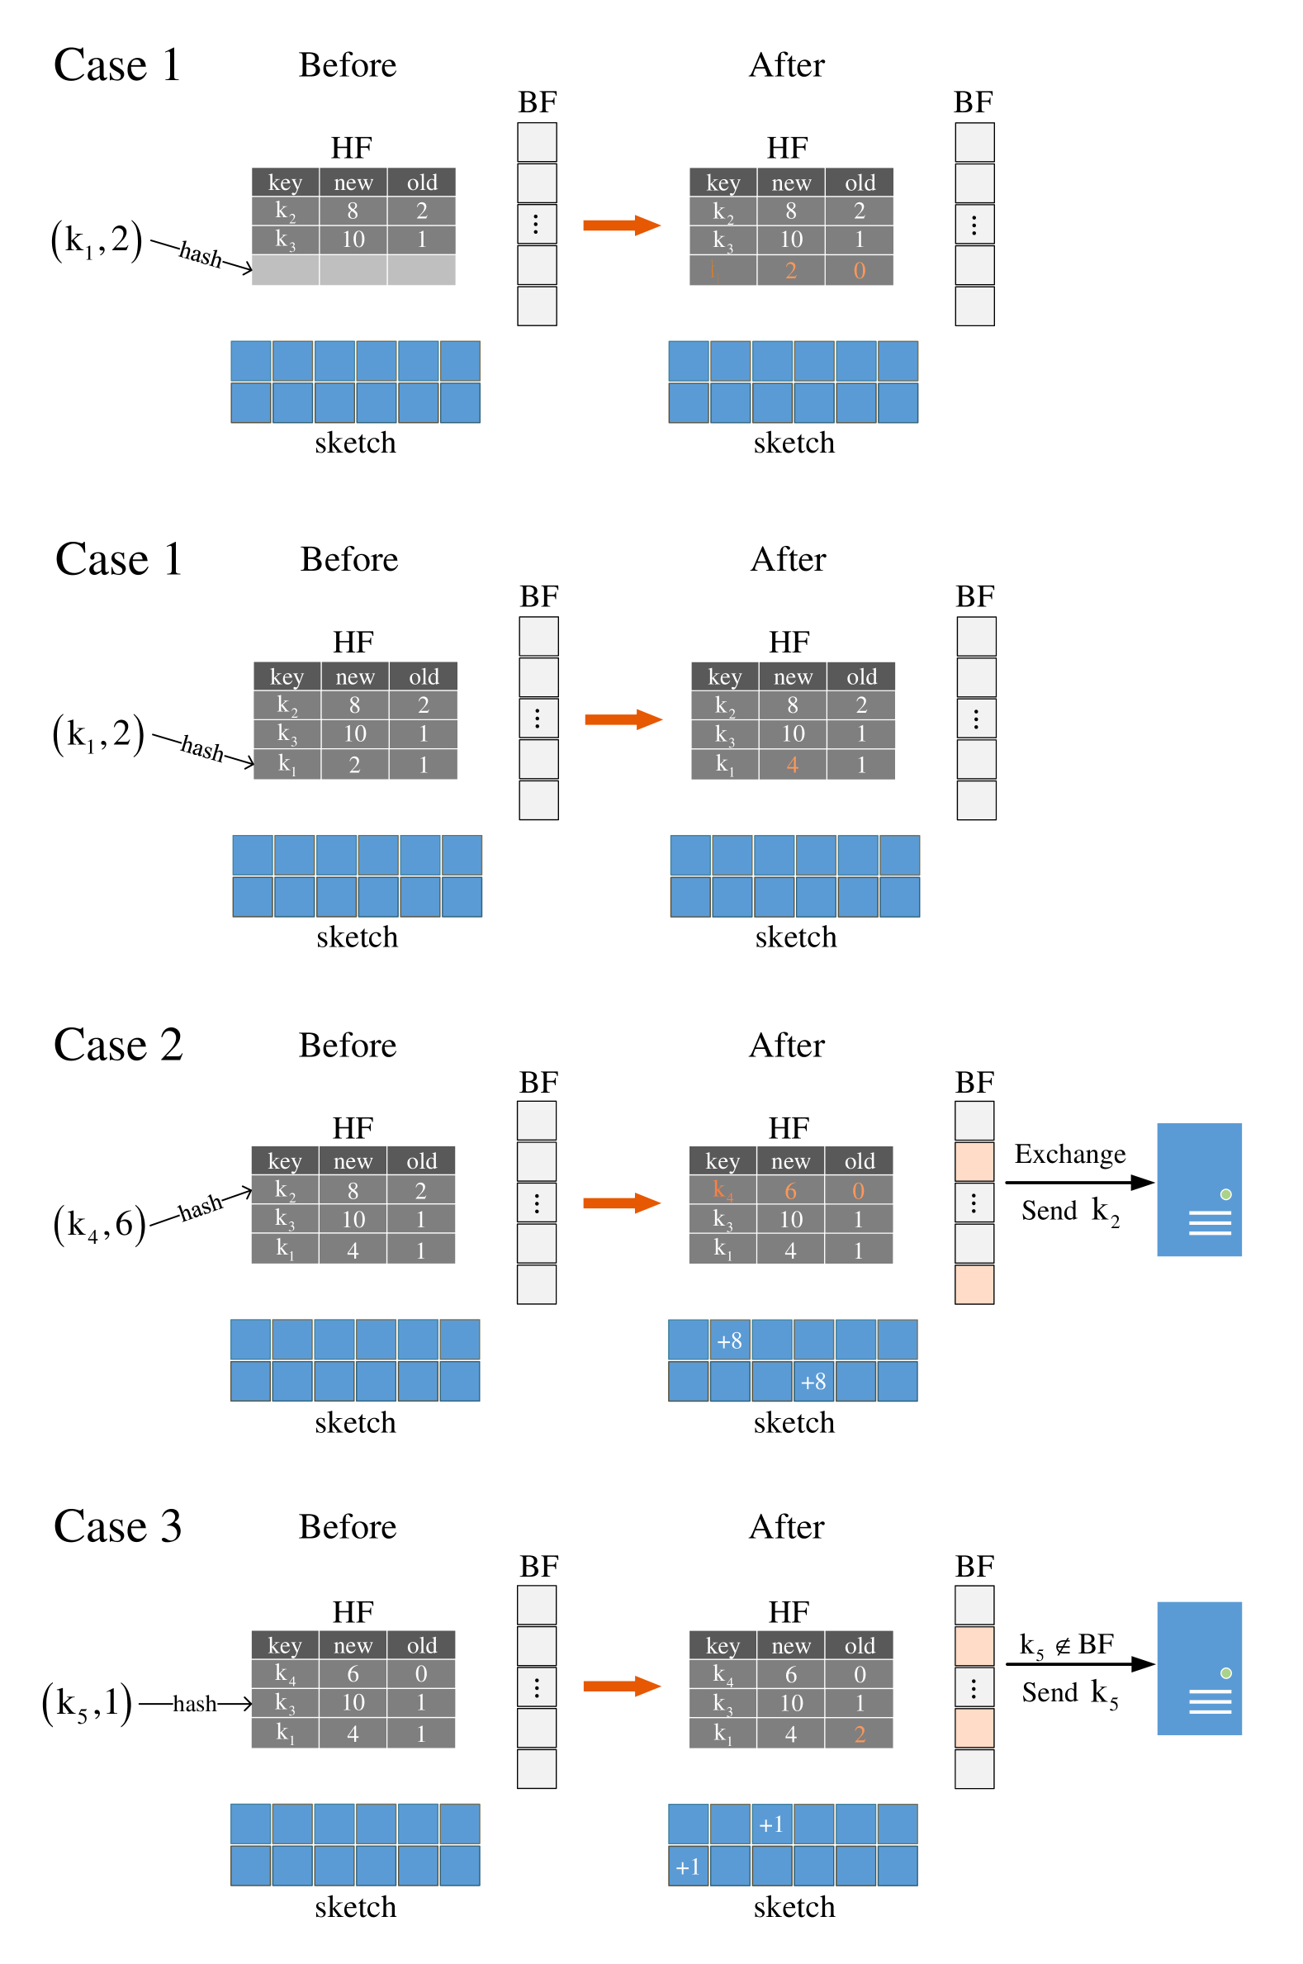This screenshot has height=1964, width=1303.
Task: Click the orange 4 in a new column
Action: click(792, 765)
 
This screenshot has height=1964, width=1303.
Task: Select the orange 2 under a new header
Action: click(791, 271)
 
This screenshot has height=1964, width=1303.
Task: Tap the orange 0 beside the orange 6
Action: click(859, 1191)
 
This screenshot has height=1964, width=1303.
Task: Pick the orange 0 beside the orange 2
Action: click(860, 271)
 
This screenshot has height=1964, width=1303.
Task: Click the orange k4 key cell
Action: click(723, 1190)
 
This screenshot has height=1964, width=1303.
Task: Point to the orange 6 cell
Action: click(790, 1191)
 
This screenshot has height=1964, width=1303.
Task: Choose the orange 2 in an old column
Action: click(860, 1734)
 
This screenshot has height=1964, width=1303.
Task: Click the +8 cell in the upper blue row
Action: click(730, 1340)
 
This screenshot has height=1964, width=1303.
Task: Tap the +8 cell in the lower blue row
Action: click(813, 1382)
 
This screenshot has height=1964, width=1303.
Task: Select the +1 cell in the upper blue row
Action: click(771, 1824)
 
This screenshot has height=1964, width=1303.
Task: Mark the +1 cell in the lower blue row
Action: click(688, 1867)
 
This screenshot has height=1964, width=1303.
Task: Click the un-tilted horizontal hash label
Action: click(195, 1704)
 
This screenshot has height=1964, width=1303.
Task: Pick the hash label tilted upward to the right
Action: click(201, 1207)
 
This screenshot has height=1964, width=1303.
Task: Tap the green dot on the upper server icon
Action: click(1225, 1194)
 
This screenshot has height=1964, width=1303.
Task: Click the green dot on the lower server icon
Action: click(1225, 1673)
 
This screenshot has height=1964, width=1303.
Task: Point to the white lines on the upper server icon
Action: click(1210, 1222)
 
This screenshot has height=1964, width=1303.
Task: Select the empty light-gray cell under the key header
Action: click(285, 270)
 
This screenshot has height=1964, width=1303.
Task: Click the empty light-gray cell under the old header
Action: click(421, 270)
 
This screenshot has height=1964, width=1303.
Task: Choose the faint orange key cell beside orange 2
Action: click(723, 270)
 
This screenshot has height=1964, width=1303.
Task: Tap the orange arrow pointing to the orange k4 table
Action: click(623, 1203)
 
